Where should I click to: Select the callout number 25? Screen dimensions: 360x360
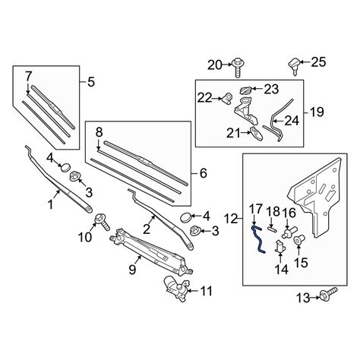[318, 62]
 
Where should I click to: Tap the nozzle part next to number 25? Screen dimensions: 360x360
[295, 65]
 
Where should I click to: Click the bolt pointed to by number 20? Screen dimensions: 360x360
[238, 67]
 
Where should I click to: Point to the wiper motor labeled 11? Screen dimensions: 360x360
[176, 289]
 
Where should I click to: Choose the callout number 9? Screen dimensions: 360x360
[132, 269]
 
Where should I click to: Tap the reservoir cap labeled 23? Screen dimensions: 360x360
[246, 90]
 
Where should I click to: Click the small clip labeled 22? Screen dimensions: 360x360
[227, 98]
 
